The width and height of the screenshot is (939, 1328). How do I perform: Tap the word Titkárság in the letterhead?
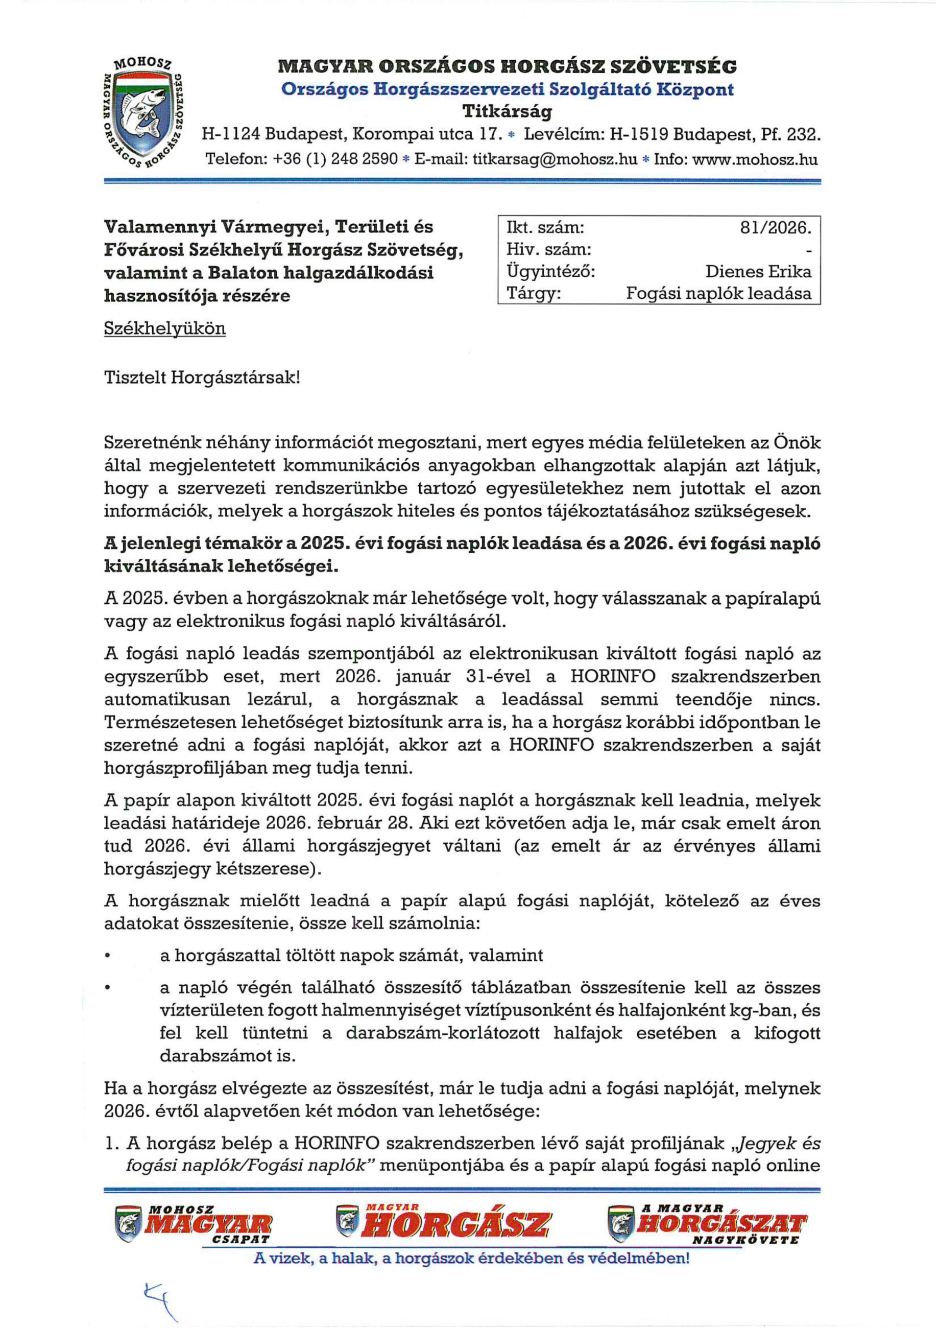click(x=507, y=110)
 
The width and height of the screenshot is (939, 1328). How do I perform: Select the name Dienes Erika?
click(x=757, y=271)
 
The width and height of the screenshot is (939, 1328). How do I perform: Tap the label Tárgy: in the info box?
click(x=533, y=293)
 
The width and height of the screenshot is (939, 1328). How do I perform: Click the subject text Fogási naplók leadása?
click(x=718, y=293)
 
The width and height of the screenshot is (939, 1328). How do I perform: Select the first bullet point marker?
click(x=108, y=955)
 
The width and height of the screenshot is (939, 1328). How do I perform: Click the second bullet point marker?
click(x=108, y=987)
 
